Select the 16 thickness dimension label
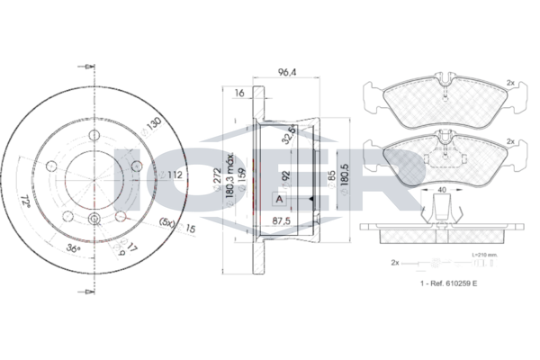(238, 93)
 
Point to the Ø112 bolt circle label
(176, 175)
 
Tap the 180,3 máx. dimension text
(230, 177)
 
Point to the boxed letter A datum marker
(279, 198)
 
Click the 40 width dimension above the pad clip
(441, 191)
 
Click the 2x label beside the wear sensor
(394, 262)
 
